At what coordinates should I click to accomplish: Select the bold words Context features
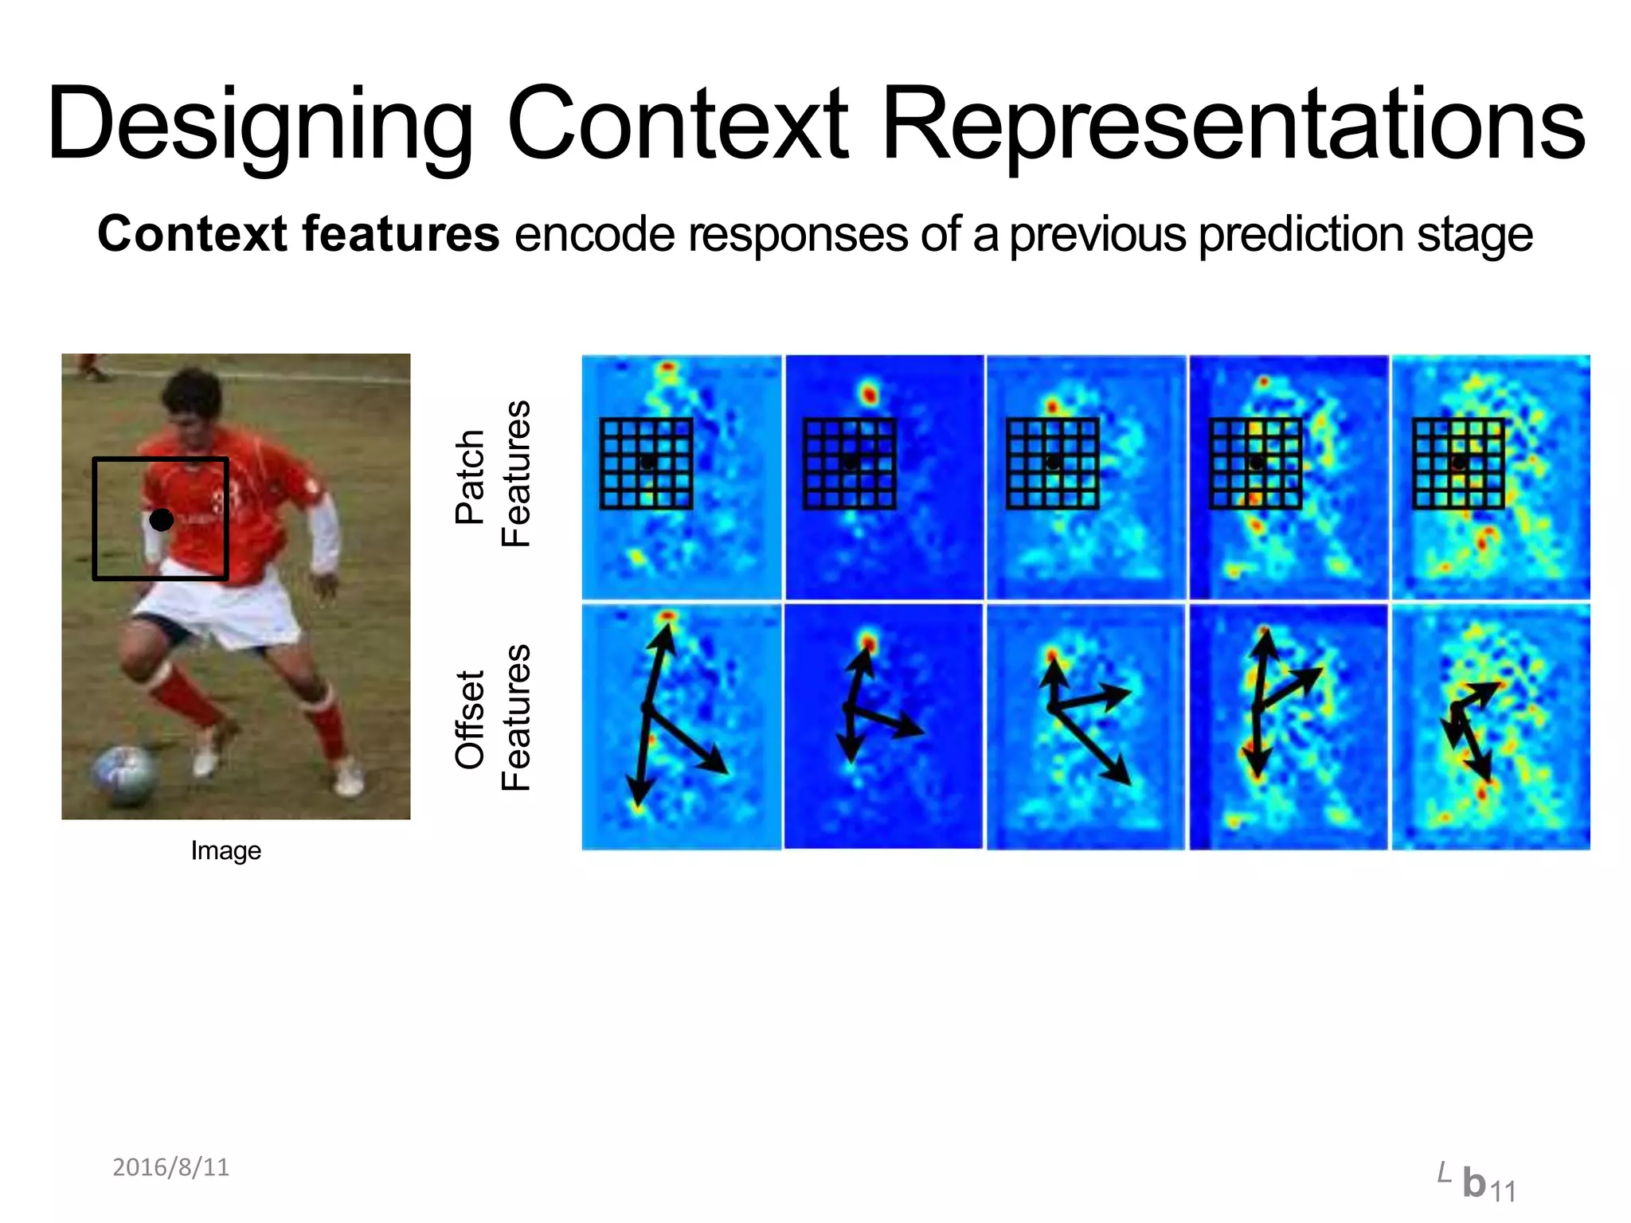298,234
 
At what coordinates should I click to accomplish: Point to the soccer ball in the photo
123,774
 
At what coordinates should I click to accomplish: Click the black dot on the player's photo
161,520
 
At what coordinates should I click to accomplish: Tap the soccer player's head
191,401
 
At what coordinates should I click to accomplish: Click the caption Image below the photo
225,850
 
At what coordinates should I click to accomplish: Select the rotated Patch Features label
491,475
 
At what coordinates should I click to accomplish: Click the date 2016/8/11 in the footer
170,1167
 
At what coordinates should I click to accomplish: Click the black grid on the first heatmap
646,463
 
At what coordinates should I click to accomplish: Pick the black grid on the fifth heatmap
1458,463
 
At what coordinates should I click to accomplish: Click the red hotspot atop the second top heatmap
868,392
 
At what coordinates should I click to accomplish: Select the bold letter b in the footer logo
1474,1182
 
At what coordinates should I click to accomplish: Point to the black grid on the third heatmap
1052,463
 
